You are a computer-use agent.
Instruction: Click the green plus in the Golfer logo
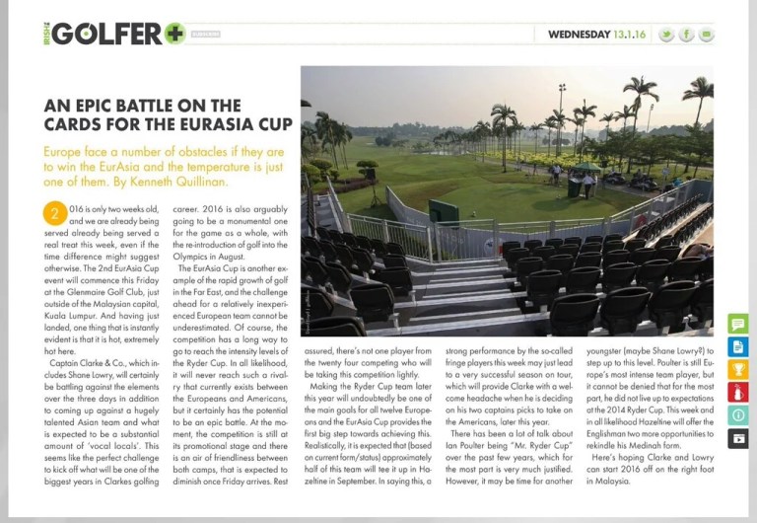(174, 34)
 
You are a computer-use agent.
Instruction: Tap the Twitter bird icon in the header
(666, 35)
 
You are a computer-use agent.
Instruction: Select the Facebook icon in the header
(687, 35)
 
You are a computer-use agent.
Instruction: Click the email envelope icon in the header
(707, 35)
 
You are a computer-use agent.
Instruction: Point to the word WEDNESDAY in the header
(579, 35)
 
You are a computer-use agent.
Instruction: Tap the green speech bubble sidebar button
(737, 324)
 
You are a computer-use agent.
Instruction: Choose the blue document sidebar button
(737, 346)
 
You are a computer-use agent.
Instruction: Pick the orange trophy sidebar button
(737, 369)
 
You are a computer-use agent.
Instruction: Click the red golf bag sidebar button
(737, 392)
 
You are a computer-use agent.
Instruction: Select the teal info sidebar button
(737, 414)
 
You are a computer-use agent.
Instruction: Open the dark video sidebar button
(737, 437)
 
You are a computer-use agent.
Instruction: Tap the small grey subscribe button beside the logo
(206, 35)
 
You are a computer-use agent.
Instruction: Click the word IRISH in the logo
(46, 34)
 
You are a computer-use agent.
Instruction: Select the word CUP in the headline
(275, 124)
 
